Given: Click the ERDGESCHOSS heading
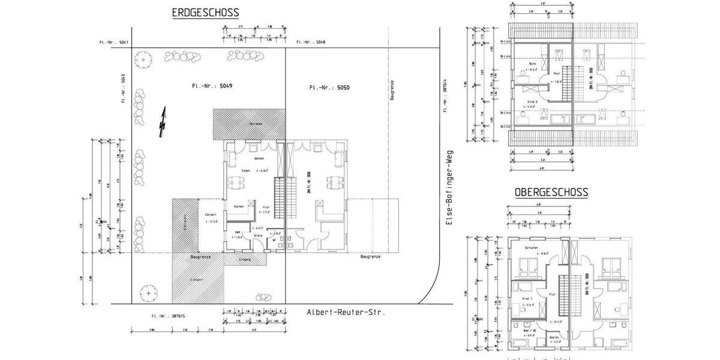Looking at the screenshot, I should (205, 13).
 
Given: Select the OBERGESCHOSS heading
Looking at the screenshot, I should (551, 193).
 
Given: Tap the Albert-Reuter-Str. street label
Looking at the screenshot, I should (345, 313).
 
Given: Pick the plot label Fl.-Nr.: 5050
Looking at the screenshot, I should (329, 88).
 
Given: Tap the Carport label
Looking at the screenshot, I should (211, 214).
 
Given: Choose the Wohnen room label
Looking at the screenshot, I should (259, 159).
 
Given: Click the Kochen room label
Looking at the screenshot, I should (239, 206).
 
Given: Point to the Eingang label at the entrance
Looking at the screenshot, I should (244, 260).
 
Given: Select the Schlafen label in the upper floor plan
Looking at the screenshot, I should (531, 248).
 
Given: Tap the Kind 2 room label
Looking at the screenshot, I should (532, 102).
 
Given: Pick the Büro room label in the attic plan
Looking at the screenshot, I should (532, 64).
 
